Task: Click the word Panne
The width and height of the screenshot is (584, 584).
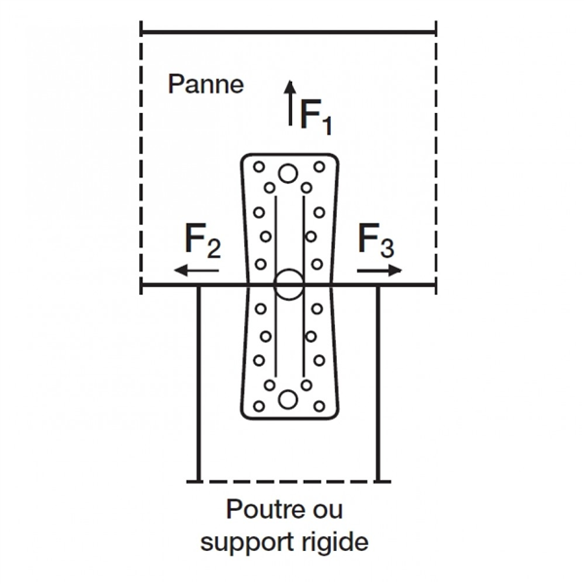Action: (205, 84)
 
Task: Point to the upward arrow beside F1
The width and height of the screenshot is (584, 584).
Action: (289, 103)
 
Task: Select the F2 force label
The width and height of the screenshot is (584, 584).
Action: (202, 239)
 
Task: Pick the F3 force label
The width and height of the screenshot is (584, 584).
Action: (378, 239)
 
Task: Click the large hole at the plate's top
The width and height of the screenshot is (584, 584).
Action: (287, 174)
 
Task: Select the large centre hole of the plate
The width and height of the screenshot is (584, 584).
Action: (287, 285)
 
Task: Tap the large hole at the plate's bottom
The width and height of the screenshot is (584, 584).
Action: (287, 398)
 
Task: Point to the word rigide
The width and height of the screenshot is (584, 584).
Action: (336, 542)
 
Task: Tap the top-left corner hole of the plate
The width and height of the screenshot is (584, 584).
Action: (259, 166)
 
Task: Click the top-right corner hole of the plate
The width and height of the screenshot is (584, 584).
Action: (316, 166)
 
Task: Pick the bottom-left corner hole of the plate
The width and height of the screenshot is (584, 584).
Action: (259, 406)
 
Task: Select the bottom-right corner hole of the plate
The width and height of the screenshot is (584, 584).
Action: (316, 406)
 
